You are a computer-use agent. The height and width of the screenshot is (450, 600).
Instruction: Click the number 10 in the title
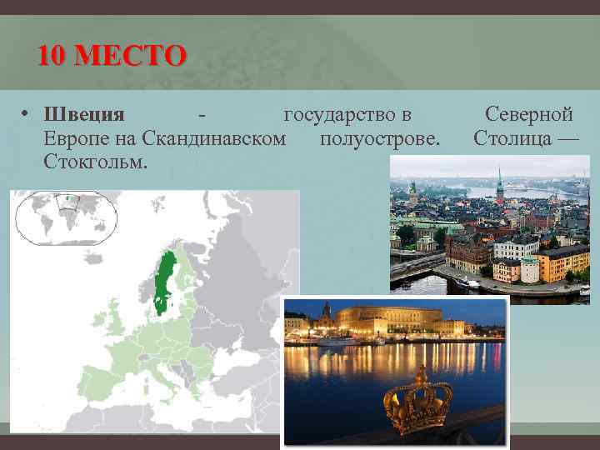[x=51, y=57]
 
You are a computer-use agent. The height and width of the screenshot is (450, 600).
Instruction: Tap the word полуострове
[x=379, y=137]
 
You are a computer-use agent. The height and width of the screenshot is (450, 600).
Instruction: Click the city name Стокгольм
[x=96, y=159]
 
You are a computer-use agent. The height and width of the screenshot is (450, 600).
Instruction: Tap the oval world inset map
[x=65, y=217]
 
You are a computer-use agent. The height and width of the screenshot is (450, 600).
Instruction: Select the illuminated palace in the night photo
[x=392, y=321]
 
